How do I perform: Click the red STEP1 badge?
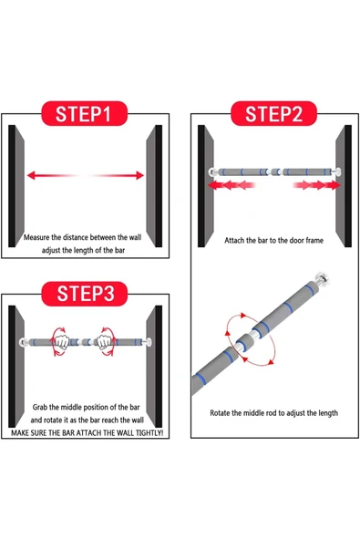coord(85,113)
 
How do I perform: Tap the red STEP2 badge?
coord(273,113)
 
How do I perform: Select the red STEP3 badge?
coord(85,294)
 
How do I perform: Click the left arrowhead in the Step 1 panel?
coord(31,175)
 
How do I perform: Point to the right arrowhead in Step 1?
coord(139,175)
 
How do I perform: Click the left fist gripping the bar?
coord(62,342)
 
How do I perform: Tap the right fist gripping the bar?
coord(103,342)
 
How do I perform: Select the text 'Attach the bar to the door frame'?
coord(274,241)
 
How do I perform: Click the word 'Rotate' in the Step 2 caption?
coord(220,413)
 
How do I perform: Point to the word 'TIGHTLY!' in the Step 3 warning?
coord(149,433)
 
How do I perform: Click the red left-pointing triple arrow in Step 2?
coord(231,185)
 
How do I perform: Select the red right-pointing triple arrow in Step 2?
coord(316,185)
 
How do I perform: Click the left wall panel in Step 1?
coord(16,186)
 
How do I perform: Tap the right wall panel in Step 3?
coord(154,367)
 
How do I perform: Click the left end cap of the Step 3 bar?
coord(24,342)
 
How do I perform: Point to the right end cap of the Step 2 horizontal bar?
coord(337,171)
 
